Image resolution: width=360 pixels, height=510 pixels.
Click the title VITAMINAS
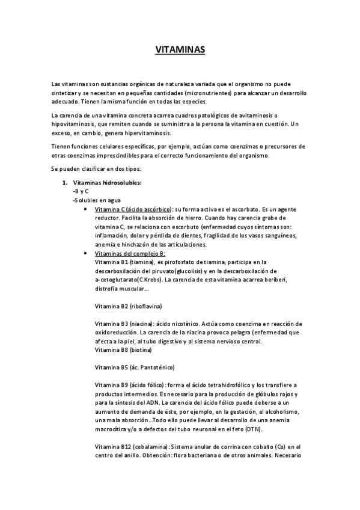180,51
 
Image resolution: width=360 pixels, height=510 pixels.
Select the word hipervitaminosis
145,133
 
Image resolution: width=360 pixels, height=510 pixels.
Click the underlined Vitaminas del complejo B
126,254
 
